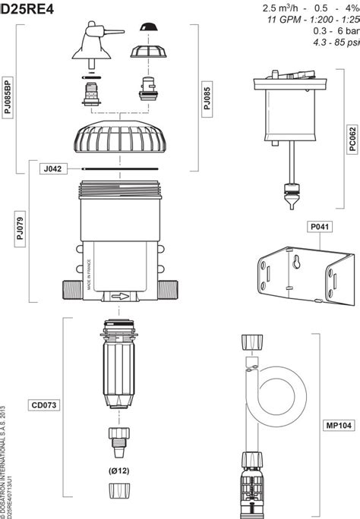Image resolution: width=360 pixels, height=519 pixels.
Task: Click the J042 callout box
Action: point(54,169)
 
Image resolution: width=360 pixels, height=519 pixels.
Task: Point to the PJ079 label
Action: point(20,228)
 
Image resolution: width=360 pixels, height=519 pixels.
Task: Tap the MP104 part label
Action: point(336,425)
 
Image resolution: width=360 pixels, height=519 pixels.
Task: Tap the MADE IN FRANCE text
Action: point(90,273)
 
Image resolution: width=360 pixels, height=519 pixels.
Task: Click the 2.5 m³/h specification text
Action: point(280,8)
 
